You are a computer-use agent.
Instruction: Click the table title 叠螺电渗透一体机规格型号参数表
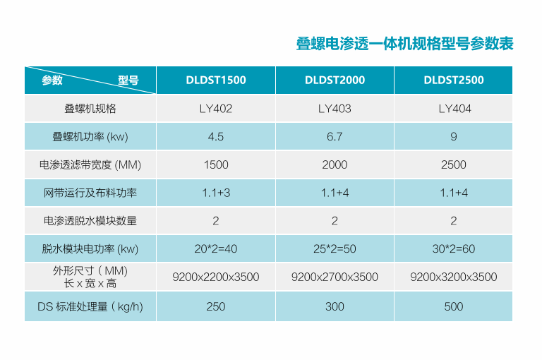tap(404, 44)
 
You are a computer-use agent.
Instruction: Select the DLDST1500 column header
tap(216, 80)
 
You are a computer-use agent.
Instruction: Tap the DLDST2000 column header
tap(335, 80)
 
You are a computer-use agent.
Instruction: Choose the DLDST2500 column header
tap(453, 80)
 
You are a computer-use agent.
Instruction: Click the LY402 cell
tap(216, 109)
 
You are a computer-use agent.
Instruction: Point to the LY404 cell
tap(453, 109)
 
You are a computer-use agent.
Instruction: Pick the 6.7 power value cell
tap(335, 136)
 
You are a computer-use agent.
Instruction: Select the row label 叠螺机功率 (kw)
tap(90, 136)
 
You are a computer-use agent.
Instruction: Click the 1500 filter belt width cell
tap(216, 164)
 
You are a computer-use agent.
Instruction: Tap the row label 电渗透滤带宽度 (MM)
tap(90, 164)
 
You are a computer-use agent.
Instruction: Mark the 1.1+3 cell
tap(216, 193)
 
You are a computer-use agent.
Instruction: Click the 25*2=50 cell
tap(335, 248)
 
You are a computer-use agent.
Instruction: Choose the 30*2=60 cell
tap(453, 248)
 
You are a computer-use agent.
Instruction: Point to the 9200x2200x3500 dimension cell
tap(216, 277)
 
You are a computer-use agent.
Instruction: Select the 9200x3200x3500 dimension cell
tap(453, 277)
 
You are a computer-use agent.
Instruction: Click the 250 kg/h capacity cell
tap(216, 306)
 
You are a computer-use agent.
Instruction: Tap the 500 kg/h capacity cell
tap(453, 306)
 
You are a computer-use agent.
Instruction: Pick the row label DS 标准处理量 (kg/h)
tap(90, 306)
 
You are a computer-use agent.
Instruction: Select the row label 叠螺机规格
tap(90, 109)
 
